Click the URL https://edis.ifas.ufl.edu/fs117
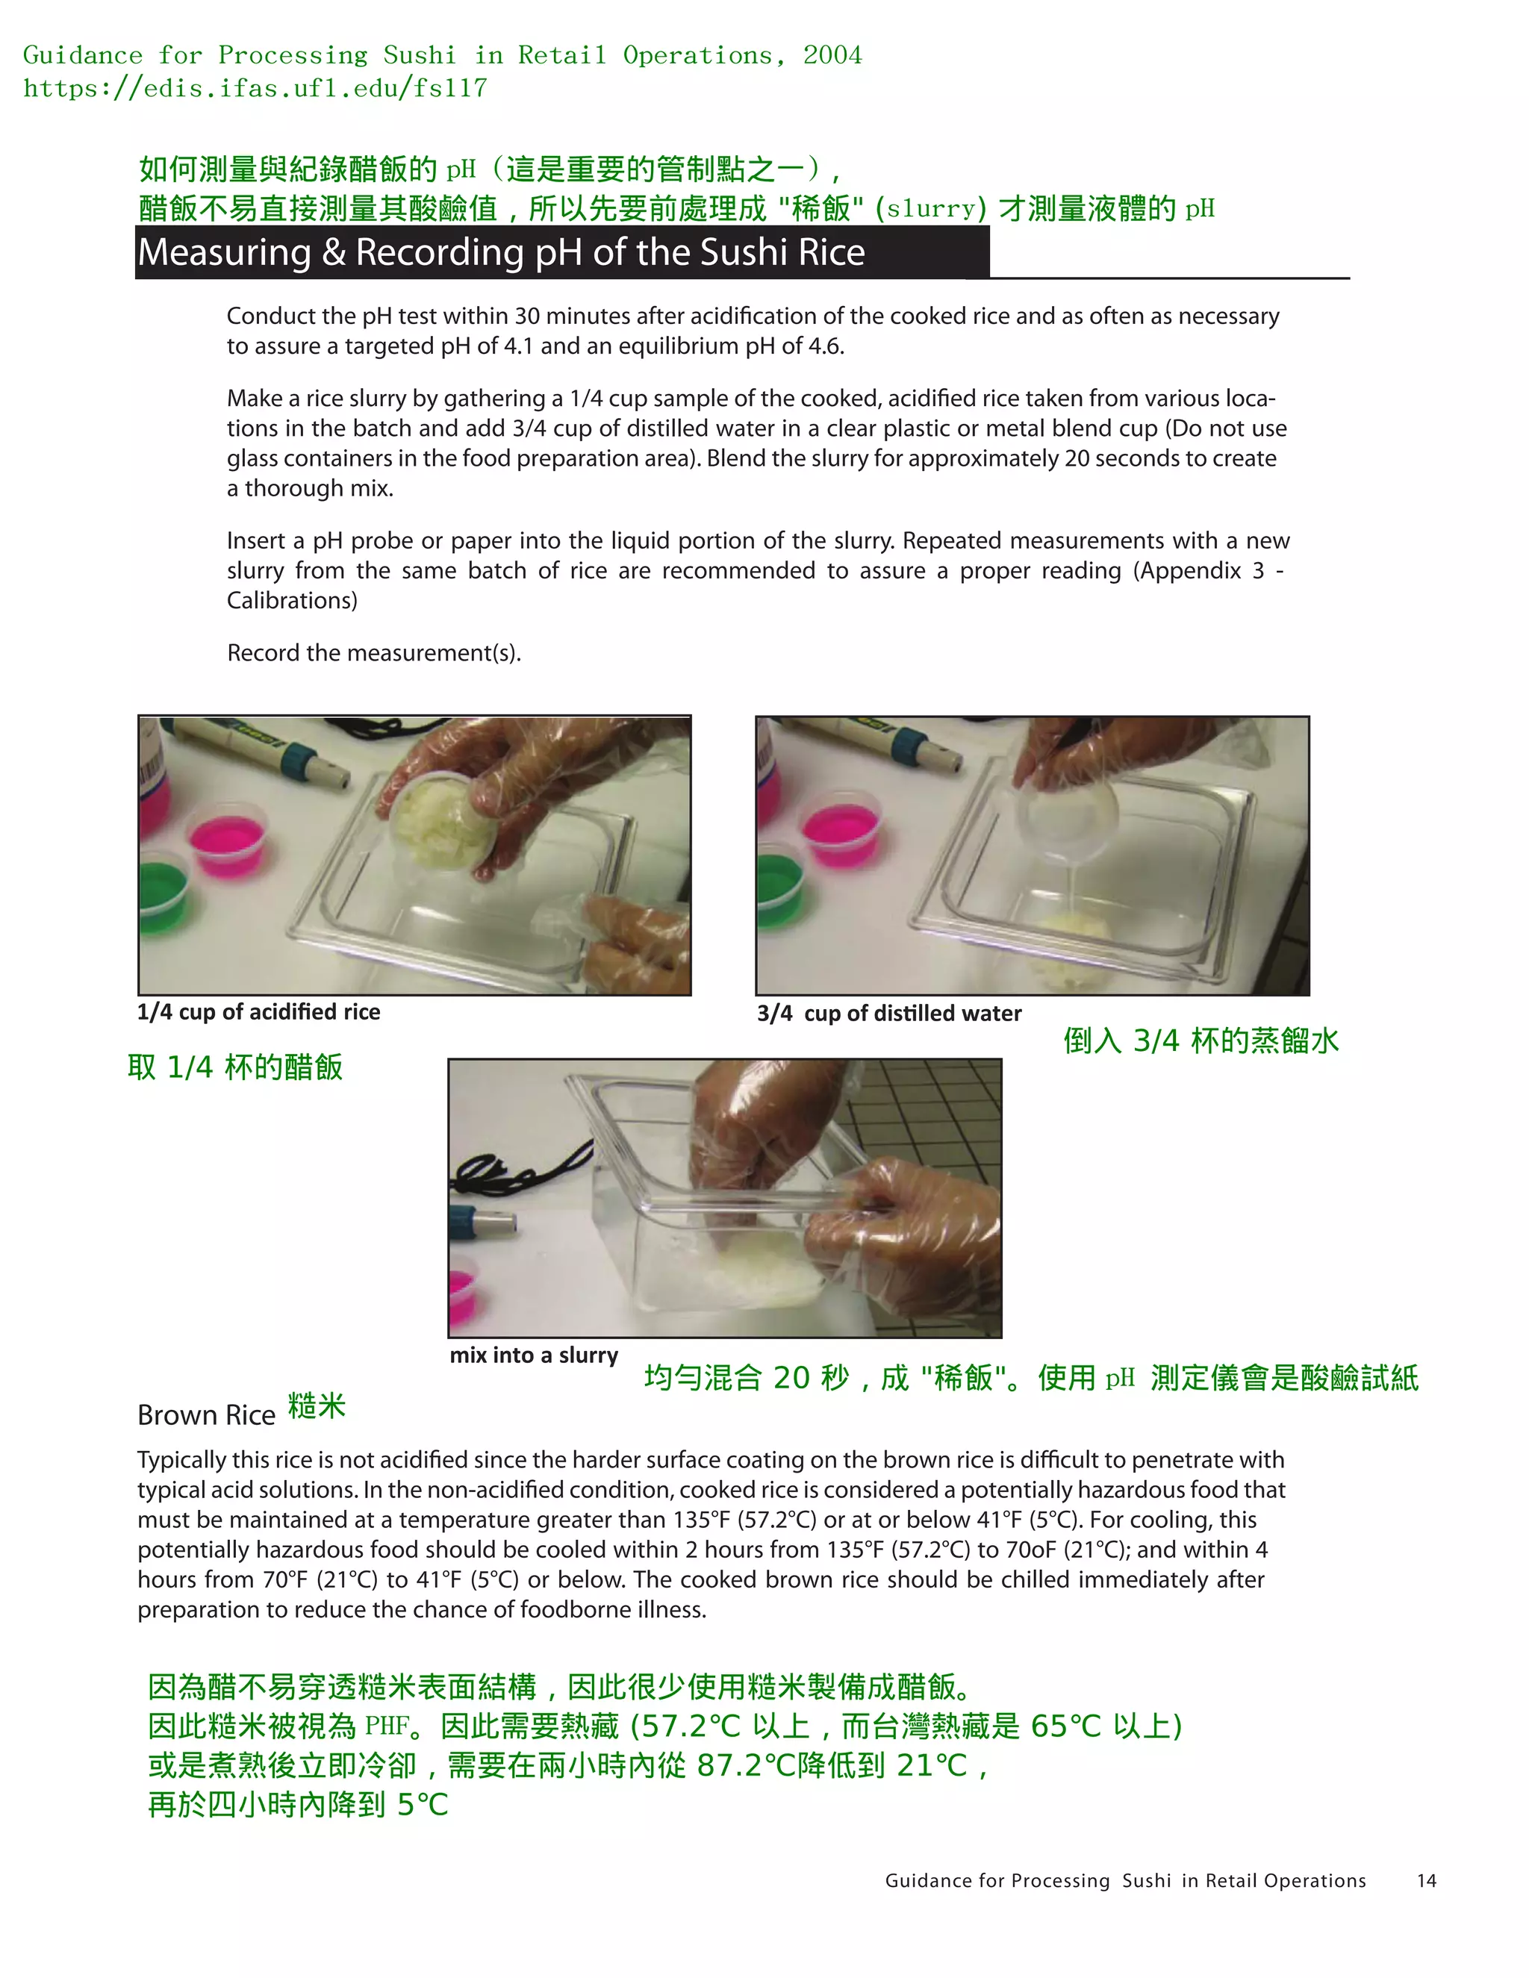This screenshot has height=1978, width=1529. [x=255, y=88]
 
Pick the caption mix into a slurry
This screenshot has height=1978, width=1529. [x=534, y=1355]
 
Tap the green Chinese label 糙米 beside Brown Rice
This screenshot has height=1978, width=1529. [x=316, y=1405]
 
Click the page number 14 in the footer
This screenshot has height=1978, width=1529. [x=1426, y=1880]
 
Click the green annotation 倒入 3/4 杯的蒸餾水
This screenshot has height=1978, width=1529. [x=1201, y=1041]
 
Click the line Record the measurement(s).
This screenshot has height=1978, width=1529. [x=373, y=653]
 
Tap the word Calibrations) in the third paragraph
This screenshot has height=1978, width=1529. [x=292, y=600]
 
